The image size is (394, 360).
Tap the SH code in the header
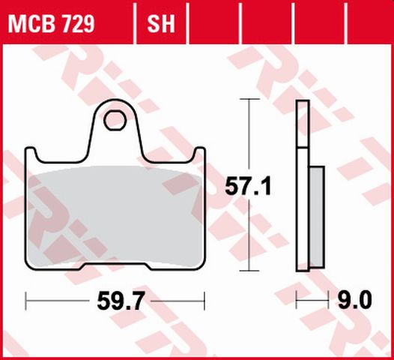click(x=160, y=25)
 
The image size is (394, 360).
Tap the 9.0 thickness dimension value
click(x=354, y=301)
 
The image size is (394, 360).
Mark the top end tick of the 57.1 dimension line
click(x=249, y=99)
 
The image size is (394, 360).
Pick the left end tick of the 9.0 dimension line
click(x=297, y=301)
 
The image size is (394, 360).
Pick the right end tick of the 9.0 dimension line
click(x=327, y=301)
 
